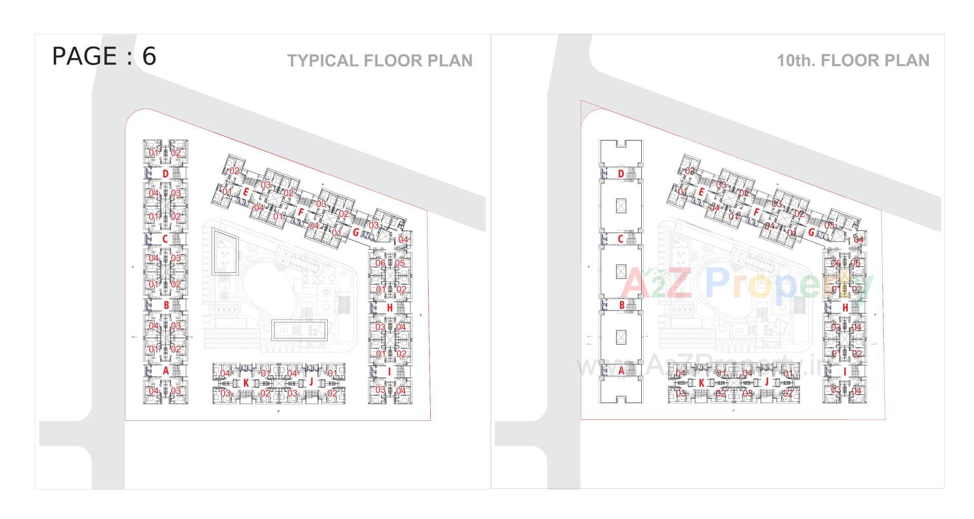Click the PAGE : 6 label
point(104,56)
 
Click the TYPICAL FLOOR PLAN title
point(379,61)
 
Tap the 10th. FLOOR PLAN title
point(853,61)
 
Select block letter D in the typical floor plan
point(165,174)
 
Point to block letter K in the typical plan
point(246,383)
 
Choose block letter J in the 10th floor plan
point(767,382)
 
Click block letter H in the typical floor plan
point(390,307)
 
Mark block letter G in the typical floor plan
point(356,233)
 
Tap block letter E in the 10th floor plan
point(701,192)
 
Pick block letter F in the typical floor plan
point(300,213)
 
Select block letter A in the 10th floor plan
point(621,371)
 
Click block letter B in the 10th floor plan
point(621,305)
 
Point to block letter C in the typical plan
point(165,239)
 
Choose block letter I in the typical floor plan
point(389,372)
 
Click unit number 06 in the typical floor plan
point(380,263)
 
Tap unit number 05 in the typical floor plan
point(400,263)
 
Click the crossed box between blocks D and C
point(621,205)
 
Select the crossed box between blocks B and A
point(621,336)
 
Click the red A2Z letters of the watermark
point(657,284)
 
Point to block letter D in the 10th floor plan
point(621,174)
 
